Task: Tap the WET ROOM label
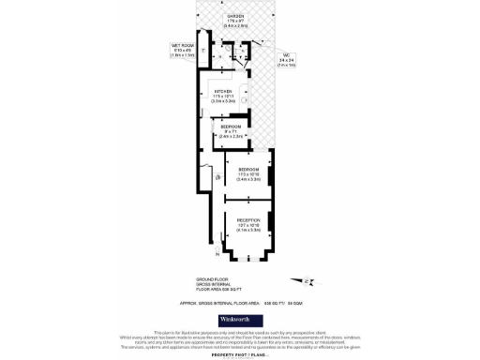click(x=182, y=45)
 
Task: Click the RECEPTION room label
click(x=248, y=220)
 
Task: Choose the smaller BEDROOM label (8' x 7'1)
click(x=231, y=126)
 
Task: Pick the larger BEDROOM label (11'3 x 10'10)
click(x=248, y=169)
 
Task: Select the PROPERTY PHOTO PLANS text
click(x=239, y=354)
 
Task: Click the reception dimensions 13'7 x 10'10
click(x=248, y=226)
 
